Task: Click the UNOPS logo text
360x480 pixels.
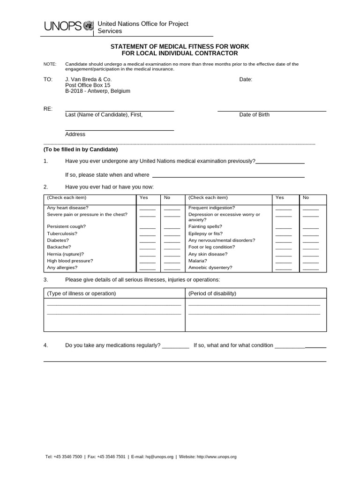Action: point(63,27)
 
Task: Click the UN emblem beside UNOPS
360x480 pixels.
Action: point(88,26)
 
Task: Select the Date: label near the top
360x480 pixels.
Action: point(246,80)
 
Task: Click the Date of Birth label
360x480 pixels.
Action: point(254,115)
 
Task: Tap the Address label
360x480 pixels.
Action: point(75,135)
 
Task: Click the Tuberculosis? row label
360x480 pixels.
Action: point(62,233)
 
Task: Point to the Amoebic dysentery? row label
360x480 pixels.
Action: point(210,268)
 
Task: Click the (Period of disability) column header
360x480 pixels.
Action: point(212,294)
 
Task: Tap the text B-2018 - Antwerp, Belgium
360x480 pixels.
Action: point(97,91)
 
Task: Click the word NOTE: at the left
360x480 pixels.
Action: point(50,64)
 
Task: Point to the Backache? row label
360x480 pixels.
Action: point(59,247)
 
